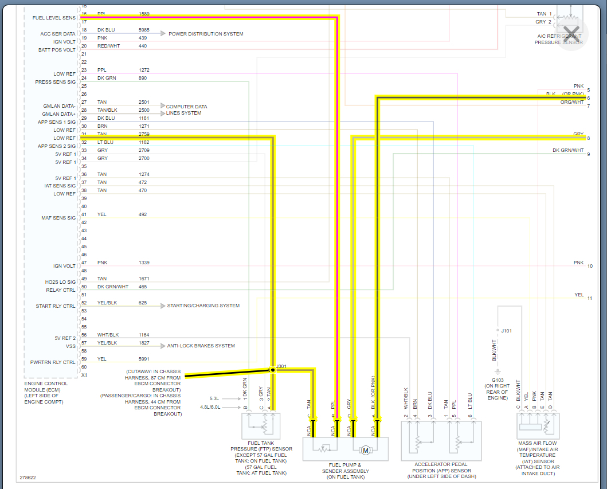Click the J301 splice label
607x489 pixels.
[281, 366]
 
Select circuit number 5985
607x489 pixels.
[144, 30]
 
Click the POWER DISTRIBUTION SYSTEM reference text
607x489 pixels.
[206, 34]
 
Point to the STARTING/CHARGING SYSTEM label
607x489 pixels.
[203, 306]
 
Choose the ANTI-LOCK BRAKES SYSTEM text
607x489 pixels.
[201, 346]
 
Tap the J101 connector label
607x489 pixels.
[507, 331]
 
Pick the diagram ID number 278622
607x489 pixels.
[27, 477]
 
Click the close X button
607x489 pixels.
[571, 32]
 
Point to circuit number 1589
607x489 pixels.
[144, 13]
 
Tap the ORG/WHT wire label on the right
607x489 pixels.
[571, 102]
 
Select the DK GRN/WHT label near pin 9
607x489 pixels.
[568, 150]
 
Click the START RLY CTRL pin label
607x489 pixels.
[56, 306]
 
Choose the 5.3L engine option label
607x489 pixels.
[215, 398]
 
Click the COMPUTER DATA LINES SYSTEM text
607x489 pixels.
[186, 109]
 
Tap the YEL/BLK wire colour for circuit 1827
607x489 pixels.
[108, 343]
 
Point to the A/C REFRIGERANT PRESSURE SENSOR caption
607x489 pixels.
[558, 39]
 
